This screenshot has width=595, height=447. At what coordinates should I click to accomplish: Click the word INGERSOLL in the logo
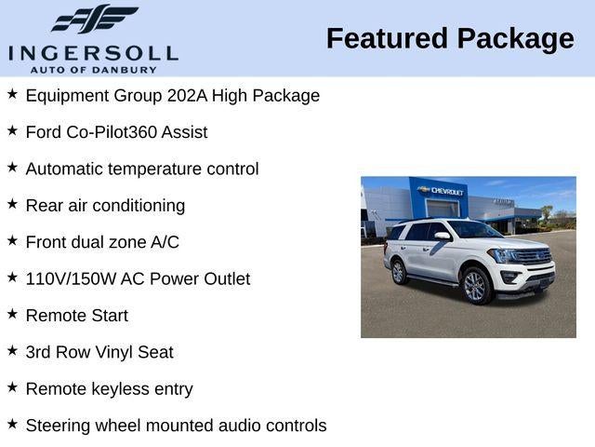pyautogui.click(x=93, y=51)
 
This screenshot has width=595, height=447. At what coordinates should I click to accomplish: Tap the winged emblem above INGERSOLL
pyautogui.click(x=94, y=19)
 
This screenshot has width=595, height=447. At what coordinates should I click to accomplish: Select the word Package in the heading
pyautogui.click(x=517, y=39)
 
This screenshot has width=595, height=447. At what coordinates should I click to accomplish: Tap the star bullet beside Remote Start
pyautogui.click(x=12, y=314)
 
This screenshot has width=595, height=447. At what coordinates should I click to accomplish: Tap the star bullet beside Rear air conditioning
pyautogui.click(x=12, y=204)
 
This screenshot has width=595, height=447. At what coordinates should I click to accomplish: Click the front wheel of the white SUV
pyautogui.click(x=475, y=286)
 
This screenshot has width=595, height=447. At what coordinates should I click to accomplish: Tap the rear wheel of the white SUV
pyautogui.click(x=399, y=271)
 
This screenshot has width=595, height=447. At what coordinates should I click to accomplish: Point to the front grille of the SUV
pyautogui.click(x=533, y=256)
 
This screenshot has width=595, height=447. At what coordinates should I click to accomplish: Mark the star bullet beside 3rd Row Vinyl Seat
pyautogui.click(x=12, y=350)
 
